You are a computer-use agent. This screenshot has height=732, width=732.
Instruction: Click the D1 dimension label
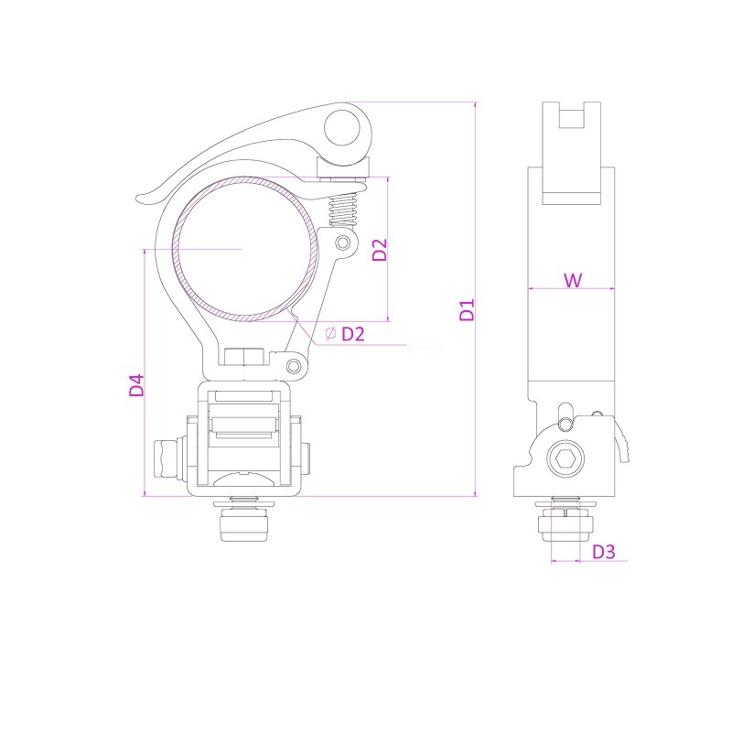467,309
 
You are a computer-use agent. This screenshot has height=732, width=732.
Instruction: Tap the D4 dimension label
136,384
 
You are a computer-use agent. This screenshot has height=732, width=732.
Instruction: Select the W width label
572,280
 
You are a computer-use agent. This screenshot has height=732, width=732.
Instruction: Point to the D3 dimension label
603,552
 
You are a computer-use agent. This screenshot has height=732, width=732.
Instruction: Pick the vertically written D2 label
381,250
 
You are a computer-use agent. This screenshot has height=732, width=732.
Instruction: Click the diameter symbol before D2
329,333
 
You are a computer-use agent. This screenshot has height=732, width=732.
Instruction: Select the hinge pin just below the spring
343,242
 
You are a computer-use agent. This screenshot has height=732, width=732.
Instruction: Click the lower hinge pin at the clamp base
294,366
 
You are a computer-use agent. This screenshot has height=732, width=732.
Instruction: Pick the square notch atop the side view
571,117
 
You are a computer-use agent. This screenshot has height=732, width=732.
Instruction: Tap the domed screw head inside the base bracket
244,478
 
